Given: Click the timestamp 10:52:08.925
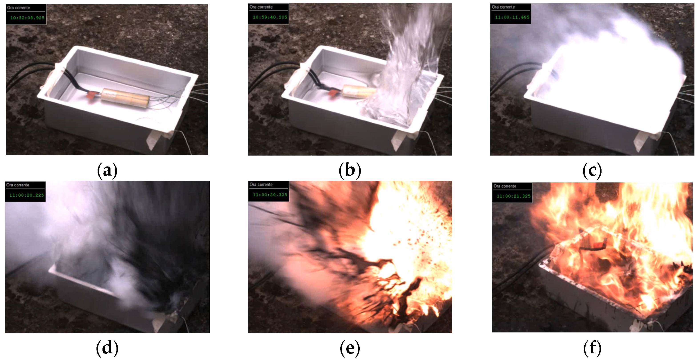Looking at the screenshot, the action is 27,18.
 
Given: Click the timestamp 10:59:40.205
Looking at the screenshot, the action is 270,17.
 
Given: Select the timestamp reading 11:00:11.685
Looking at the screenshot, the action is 512,17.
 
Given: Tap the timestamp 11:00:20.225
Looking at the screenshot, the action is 26,195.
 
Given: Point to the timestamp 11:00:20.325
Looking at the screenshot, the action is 270,194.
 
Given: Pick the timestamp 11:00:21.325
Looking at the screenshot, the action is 513,196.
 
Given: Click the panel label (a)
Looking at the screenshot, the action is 107,170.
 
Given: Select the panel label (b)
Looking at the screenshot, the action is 350,170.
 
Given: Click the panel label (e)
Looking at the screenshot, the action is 350,348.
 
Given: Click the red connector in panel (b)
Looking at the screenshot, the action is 334,92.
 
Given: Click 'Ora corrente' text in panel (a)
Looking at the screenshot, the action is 18,8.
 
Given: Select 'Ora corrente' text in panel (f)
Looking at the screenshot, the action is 505,186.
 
